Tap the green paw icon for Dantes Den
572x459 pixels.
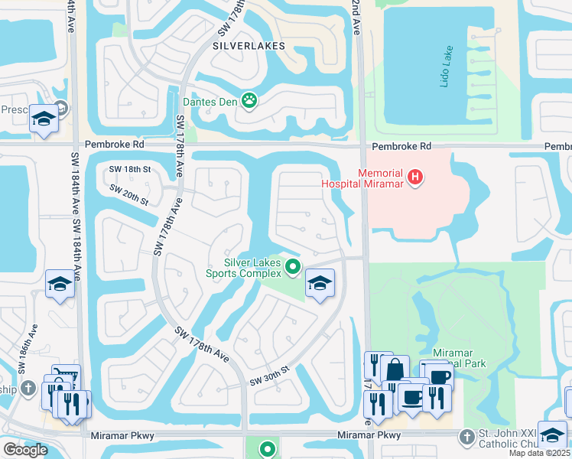tap(249, 99)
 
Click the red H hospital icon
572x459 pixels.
tap(415, 178)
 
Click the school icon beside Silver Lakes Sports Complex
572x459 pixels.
tap(319, 283)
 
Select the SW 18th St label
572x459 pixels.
tap(131, 169)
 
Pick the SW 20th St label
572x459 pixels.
tap(128, 194)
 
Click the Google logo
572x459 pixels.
tap(26, 450)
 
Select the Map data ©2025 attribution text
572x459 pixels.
tap(538, 453)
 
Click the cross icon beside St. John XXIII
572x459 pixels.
tap(466, 436)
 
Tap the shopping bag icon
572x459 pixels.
tap(395, 369)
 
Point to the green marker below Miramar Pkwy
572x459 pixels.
tap(268, 450)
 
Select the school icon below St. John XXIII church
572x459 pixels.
tap(551, 435)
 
